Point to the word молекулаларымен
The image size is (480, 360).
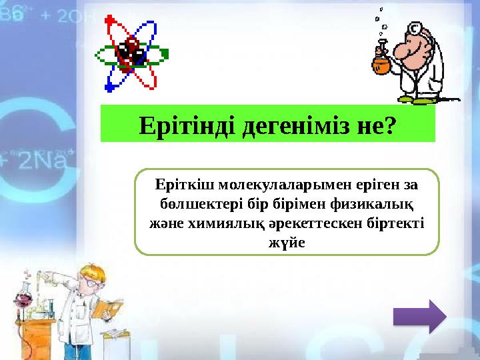(x=264, y=183)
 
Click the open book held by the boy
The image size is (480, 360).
(x=107, y=308)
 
